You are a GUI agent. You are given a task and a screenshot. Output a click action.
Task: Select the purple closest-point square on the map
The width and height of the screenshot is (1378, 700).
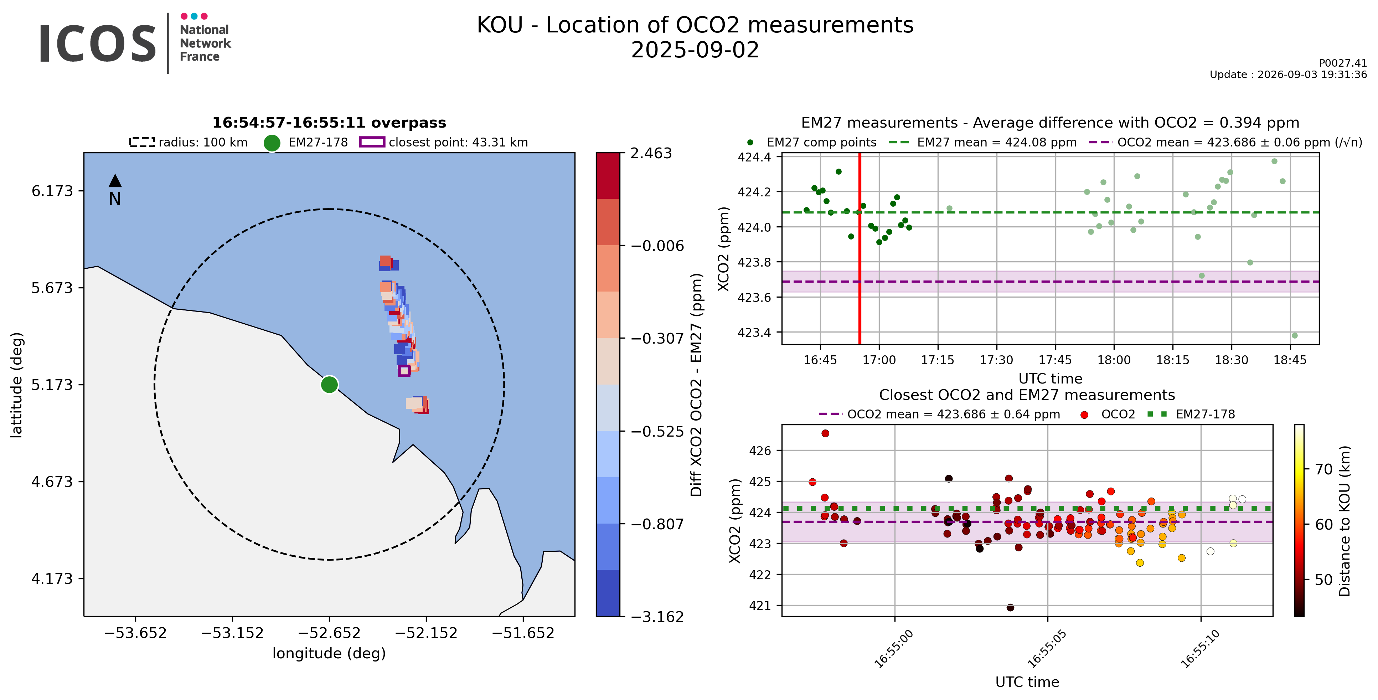coord(404,370)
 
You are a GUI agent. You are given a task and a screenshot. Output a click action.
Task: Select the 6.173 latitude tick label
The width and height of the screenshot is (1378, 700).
coord(52,191)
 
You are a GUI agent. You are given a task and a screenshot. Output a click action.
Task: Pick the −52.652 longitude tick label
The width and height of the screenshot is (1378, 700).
coord(329,633)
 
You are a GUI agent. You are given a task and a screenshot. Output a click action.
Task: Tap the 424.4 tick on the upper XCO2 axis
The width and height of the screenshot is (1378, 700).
coord(754,157)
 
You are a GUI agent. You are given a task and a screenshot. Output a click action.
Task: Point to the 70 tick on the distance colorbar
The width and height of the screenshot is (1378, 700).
coord(1324,469)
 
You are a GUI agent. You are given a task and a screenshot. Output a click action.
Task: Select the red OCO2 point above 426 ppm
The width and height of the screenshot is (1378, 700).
coord(825,433)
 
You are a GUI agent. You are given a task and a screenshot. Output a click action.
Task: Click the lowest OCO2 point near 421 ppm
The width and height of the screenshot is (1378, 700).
coord(1010,607)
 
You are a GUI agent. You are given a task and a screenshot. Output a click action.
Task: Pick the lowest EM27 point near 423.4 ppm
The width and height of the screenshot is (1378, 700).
coord(1295,335)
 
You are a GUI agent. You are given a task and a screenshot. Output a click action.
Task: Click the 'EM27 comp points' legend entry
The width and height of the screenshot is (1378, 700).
coord(811,142)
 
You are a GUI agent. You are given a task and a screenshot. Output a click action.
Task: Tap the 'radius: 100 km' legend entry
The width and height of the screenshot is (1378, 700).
coord(189,142)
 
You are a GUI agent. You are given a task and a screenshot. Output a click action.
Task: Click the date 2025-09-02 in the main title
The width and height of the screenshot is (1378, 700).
coord(695,50)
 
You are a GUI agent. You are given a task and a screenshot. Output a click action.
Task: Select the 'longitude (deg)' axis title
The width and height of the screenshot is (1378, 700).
coord(329,653)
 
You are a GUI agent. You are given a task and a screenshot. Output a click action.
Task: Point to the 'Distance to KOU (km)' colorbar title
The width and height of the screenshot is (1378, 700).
coord(1344,521)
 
